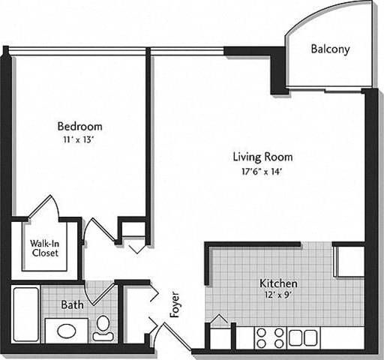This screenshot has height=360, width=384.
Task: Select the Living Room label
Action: (262, 157)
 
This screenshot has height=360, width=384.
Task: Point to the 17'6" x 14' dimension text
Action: (262, 171)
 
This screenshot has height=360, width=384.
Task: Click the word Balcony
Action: (330, 49)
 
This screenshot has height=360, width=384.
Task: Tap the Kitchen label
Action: (278, 284)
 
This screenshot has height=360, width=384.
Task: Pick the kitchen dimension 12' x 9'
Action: (278, 296)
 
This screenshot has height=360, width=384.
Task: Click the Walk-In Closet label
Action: (45, 248)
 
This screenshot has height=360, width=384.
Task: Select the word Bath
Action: (72, 305)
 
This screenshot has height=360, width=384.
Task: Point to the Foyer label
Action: (175, 304)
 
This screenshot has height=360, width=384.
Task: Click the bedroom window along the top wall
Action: (79, 52)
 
